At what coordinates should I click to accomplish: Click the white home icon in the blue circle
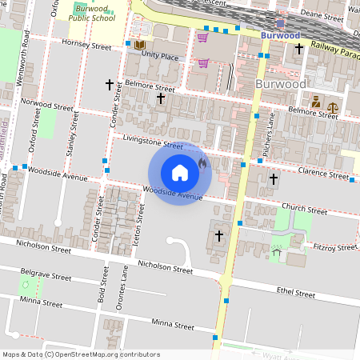pos(180,173)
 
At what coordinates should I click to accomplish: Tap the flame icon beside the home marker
pos(202,164)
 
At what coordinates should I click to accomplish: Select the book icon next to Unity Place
pos(139,46)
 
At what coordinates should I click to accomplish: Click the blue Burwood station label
pos(281,35)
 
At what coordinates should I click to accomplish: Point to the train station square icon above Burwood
pos(281,25)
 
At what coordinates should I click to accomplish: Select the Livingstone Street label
pos(152,142)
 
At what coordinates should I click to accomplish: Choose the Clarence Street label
pos(323,172)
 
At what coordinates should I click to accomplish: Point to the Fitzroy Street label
pos(335,248)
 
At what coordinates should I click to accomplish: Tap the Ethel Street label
pos(294,294)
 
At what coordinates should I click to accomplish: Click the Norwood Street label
pos(47,105)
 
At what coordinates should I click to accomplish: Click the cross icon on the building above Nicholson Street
pos(219,236)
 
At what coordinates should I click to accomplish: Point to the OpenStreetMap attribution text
pos(82,354)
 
